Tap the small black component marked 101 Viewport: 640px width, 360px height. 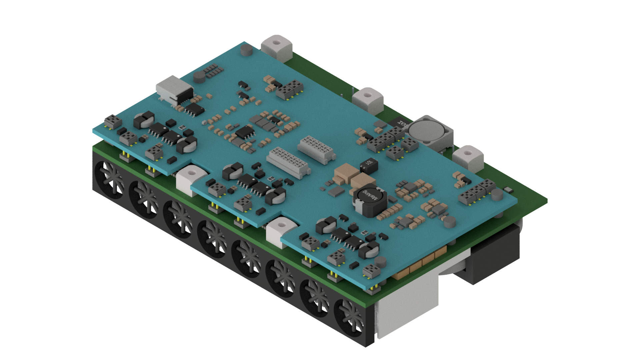click(x=369, y=165)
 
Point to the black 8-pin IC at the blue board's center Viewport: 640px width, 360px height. click(x=245, y=132)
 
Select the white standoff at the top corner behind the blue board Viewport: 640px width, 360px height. click(x=277, y=48)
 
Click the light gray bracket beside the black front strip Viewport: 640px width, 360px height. click(x=407, y=307)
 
